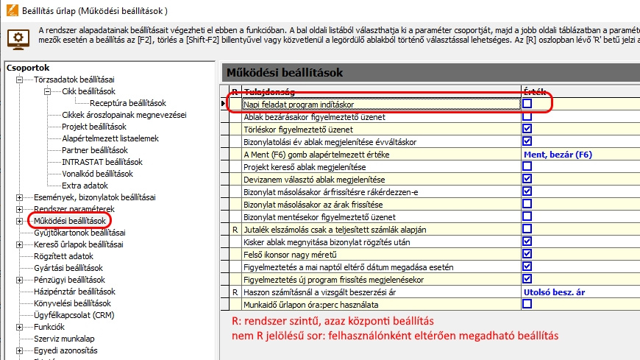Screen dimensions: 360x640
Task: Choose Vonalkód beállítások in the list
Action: (97, 174)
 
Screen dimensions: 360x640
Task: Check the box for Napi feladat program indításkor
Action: (527, 105)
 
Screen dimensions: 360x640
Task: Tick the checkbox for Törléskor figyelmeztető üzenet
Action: (527, 129)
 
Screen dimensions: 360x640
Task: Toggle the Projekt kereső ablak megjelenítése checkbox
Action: (527, 167)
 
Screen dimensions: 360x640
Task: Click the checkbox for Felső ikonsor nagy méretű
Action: (527, 254)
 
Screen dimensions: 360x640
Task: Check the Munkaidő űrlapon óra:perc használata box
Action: (527, 304)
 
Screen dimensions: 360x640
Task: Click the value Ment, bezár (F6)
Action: (557, 155)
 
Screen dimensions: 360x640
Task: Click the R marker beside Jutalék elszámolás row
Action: (235, 230)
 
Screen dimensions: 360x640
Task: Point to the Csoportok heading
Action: (28, 68)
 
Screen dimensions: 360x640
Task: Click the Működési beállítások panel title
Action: (284, 73)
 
